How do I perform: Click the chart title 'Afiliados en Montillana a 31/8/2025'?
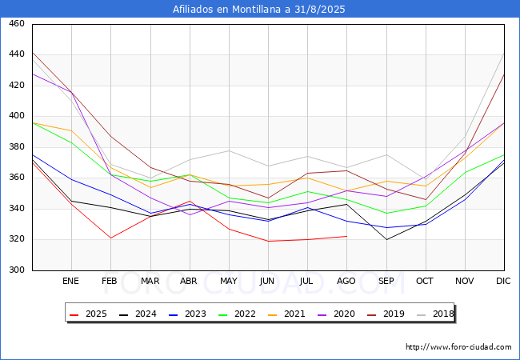click(x=260, y=10)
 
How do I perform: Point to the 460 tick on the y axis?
click(x=16, y=24)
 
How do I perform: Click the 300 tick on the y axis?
click(x=16, y=270)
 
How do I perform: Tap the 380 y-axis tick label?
click(x=16, y=147)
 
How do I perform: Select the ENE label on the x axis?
click(x=71, y=282)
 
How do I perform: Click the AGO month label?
click(x=346, y=282)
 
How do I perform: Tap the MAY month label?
click(x=229, y=282)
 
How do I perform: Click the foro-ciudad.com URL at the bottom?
click(x=458, y=347)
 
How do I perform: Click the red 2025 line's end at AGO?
click(x=346, y=236)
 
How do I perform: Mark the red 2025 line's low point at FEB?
click(x=110, y=238)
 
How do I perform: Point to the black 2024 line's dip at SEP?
click(x=386, y=239)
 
